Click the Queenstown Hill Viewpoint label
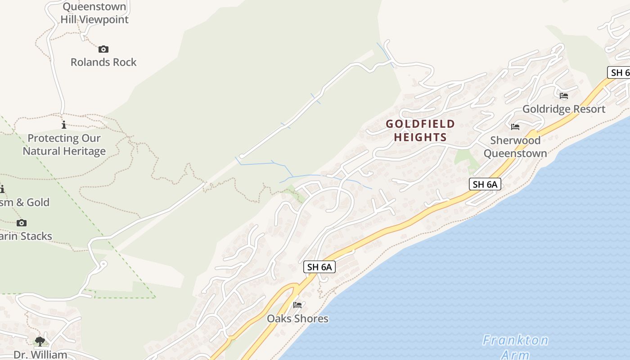[x=94, y=13]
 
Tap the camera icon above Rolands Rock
[x=103, y=49]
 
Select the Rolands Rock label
[x=103, y=62]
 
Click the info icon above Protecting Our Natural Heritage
[x=64, y=125]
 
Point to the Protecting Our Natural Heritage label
[x=64, y=144]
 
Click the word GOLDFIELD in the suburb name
[x=420, y=124]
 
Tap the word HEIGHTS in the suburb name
[x=420, y=137]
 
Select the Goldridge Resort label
[x=563, y=109]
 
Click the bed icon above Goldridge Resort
[x=563, y=95]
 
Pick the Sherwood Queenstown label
[x=515, y=147]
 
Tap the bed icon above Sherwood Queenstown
[x=515, y=127]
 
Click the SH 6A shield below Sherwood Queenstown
[x=485, y=184]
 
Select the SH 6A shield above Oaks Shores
[x=319, y=267]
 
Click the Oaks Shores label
[x=297, y=319]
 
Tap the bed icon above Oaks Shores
[x=297, y=305]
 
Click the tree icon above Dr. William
[x=40, y=341]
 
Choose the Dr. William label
[x=40, y=355]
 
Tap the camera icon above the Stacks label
[x=21, y=223]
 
